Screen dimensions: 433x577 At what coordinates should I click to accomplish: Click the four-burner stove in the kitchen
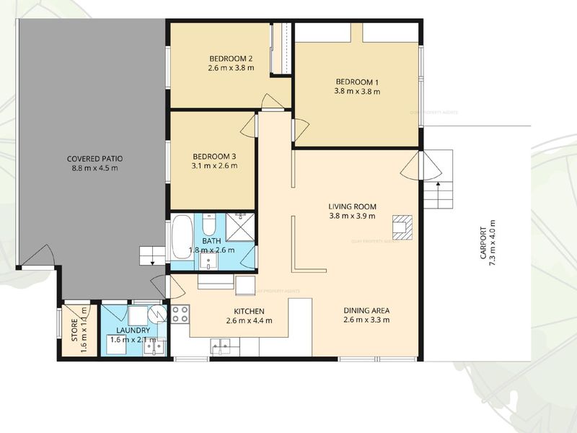tap(180, 314)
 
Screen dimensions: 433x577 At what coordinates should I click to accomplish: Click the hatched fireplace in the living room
tap(401, 227)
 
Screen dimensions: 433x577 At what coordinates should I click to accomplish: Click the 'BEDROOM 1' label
tap(357, 82)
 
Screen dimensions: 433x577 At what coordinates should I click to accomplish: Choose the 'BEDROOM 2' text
tap(230, 58)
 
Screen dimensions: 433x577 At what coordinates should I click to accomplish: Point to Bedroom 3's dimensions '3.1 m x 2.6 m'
tap(214, 166)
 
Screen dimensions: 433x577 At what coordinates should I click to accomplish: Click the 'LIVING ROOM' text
tap(353, 205)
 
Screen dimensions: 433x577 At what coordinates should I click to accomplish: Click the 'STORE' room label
tap(73, 330)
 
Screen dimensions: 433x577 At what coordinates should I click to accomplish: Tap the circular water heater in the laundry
tap(157, 312)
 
